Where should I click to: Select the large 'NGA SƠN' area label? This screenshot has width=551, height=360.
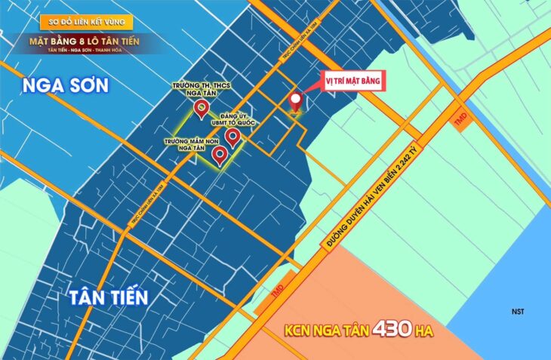pyautogui.click(x=66, y=85)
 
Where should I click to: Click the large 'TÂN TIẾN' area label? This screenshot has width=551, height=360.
pyautogui.click(x=105, y=297)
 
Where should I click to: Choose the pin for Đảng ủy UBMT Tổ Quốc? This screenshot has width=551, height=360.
pyautogui.click(x=232, y=136)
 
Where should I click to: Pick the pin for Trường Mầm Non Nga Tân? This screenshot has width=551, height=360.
pyautogui.click(x=220, y=155)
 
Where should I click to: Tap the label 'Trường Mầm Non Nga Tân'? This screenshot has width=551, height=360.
pyautogui.click(x=185, y=144)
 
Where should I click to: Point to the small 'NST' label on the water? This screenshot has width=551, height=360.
pyautogui.click(x=518, y=312)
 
